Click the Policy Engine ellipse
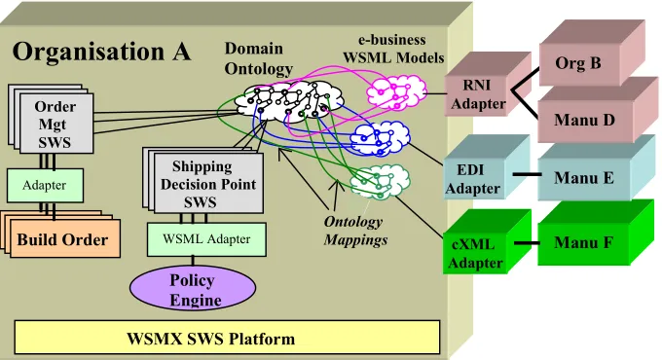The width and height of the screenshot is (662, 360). [193, 288]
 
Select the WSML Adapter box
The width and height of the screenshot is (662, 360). [206, 239]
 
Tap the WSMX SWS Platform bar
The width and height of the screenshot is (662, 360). [227, 338]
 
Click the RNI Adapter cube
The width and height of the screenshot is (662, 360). [487, 85]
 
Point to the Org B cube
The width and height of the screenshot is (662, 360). [592, 53]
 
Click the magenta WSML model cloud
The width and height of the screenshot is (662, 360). [396, 92]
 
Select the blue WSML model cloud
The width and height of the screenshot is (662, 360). [380, 138]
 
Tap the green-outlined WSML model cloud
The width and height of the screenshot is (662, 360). [380, 182]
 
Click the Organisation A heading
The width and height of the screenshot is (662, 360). [102, 52]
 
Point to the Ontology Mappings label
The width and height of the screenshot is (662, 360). [354, 231]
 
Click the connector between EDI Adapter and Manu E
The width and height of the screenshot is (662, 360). [527, 174]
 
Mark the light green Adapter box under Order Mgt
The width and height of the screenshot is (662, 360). [45, 185]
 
